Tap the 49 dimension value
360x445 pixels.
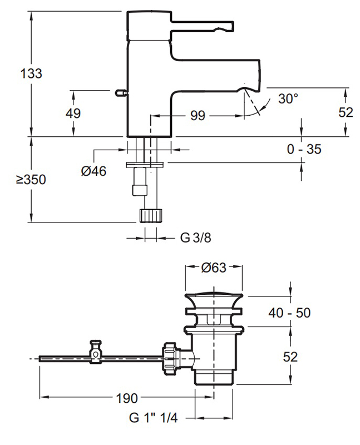coord(73,113)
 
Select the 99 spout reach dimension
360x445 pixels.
coord(198,116)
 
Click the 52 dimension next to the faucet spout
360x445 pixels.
coord(346,112)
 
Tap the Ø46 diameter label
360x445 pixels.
coord(93,171)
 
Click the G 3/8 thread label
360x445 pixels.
coord(195,238)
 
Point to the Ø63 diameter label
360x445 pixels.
coord(214,268)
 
